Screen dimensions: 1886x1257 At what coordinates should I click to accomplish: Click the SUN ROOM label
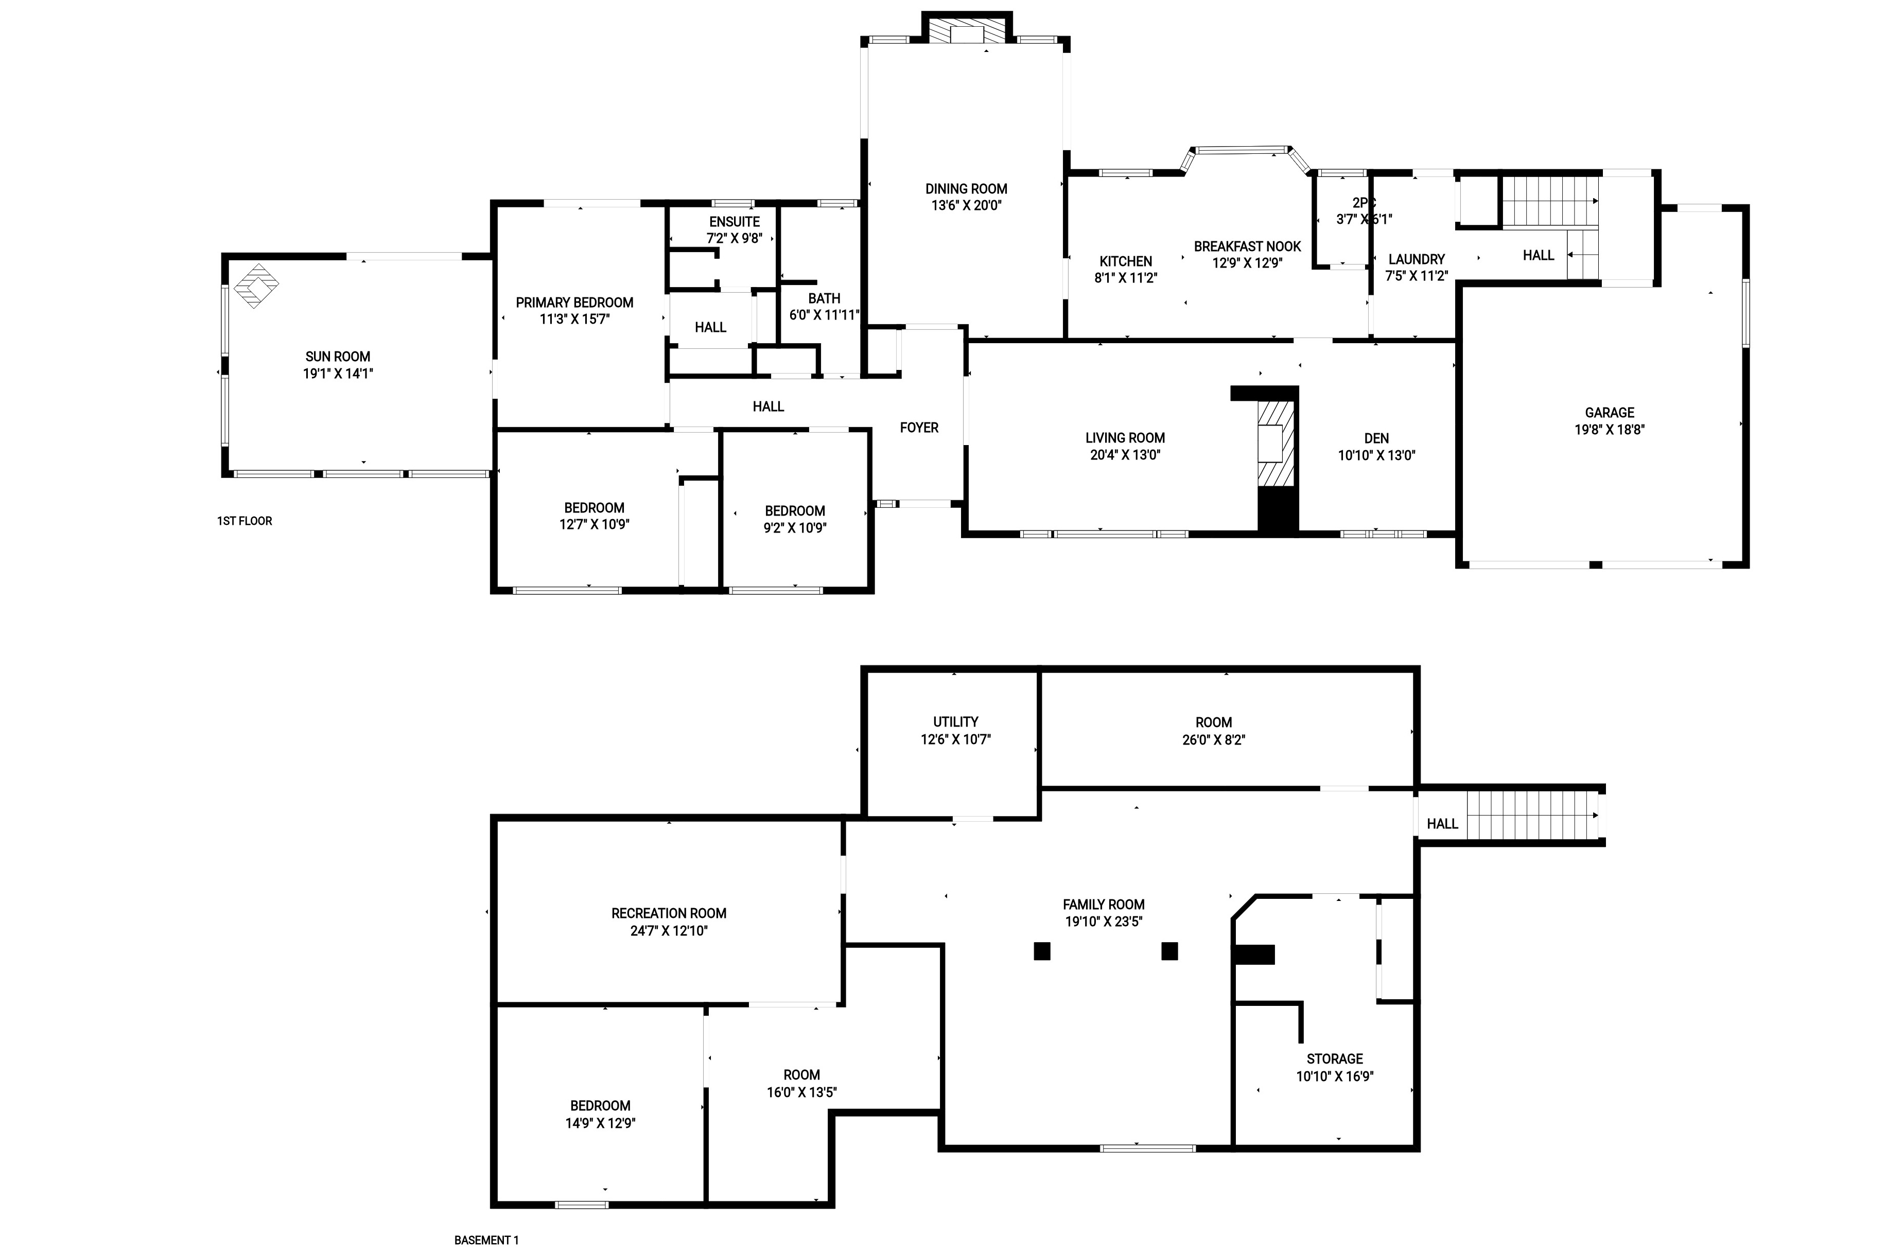(x=338, y=357)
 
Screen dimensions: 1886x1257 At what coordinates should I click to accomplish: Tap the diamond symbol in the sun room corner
(x=256, y=286)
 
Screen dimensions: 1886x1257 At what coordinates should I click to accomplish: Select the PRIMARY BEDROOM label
(x=574, y=302)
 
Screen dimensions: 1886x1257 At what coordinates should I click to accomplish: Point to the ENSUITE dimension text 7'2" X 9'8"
(x=735, y=238)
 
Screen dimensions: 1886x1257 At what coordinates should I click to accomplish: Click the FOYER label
(x=919, y=427)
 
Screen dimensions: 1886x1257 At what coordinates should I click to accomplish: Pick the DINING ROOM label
(x=966, y=188)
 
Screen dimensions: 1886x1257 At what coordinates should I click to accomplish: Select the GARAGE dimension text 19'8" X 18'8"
(x=1610, y=430)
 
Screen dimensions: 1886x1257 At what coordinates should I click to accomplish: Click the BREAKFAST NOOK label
(x=1247, y=246)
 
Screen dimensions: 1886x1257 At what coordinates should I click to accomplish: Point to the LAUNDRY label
(x=1416, y=259)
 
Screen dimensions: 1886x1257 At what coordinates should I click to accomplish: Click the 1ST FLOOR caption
(x=245, y=521)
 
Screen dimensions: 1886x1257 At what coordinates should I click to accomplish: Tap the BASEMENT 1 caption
(x=487, y=1240)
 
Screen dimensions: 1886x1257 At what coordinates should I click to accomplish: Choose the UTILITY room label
(x=955, y=721)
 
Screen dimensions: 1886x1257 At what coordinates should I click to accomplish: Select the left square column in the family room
(x=1042, y=951)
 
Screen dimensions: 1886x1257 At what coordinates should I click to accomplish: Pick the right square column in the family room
(x=1170, y=951)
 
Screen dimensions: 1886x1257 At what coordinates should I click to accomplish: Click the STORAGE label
(x=1334, y=1058)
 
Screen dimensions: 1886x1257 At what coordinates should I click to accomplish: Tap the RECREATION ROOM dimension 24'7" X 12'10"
(x=669, y=931)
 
